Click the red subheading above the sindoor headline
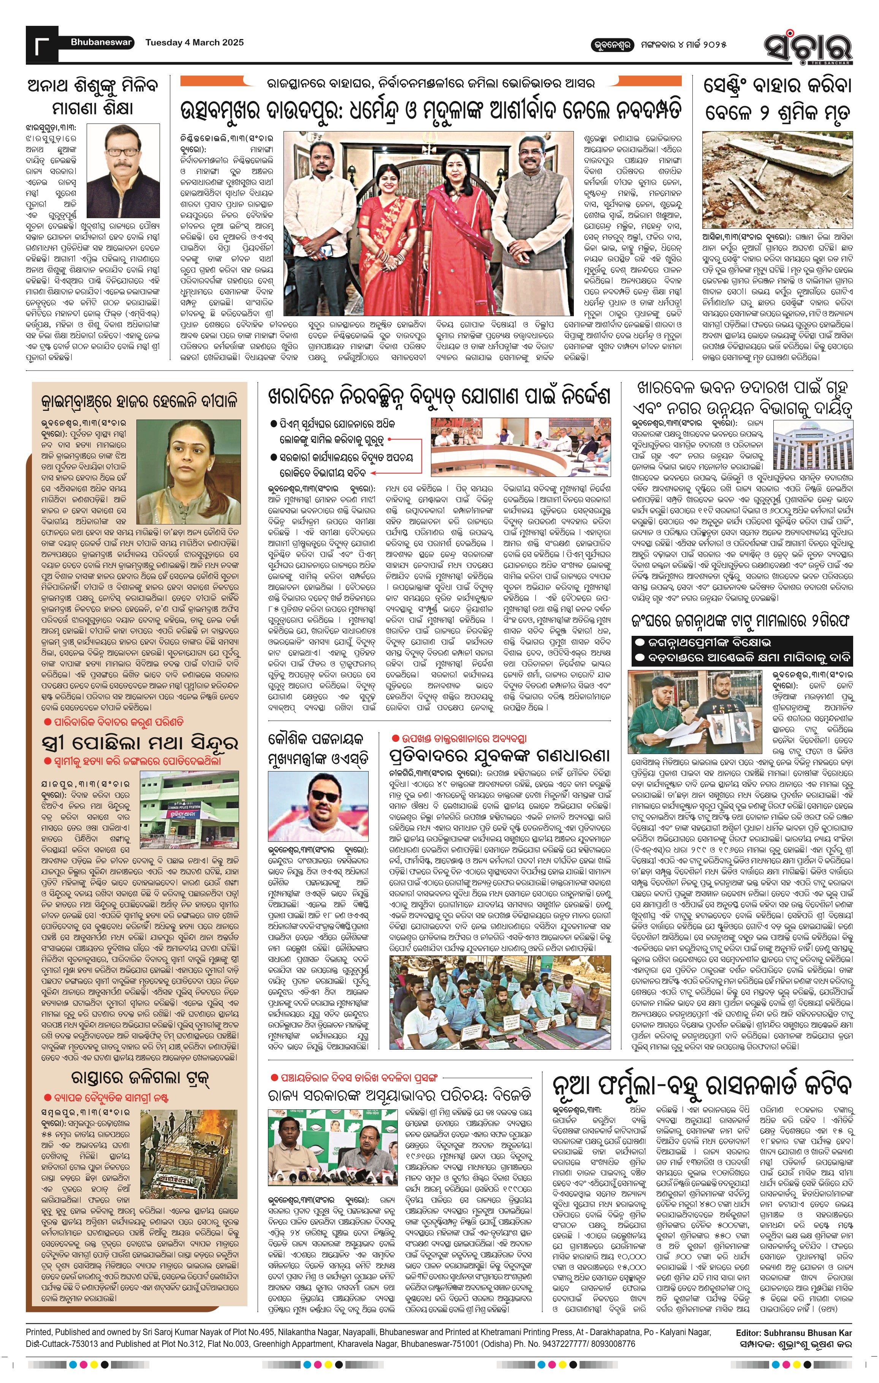(114, 722)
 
